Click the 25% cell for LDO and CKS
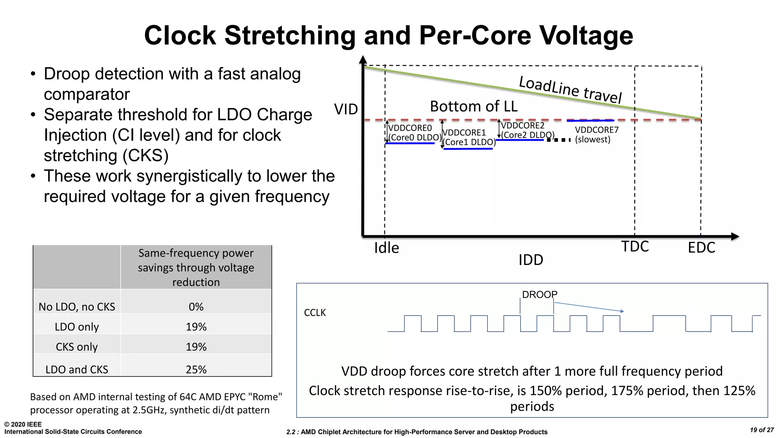(196, 370)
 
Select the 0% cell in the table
(196, 307)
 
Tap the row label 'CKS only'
(77, 347)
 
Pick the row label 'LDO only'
(77, 327)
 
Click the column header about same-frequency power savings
(196, 267)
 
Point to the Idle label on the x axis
(386, 248)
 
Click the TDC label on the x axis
(635, 247)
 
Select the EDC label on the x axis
(701, 248)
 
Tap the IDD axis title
(531, 260)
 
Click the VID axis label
(346, 109)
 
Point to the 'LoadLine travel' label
(570, 89)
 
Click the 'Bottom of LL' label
(473, 106)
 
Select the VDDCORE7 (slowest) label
(596, 135)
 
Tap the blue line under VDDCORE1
(468, 149)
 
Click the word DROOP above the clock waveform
(539, 295)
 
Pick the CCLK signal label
(315, 313)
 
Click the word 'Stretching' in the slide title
(290, 35)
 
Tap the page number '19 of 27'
(762, 430)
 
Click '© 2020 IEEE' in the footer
(23, 424)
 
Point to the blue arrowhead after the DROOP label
(622, 311)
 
